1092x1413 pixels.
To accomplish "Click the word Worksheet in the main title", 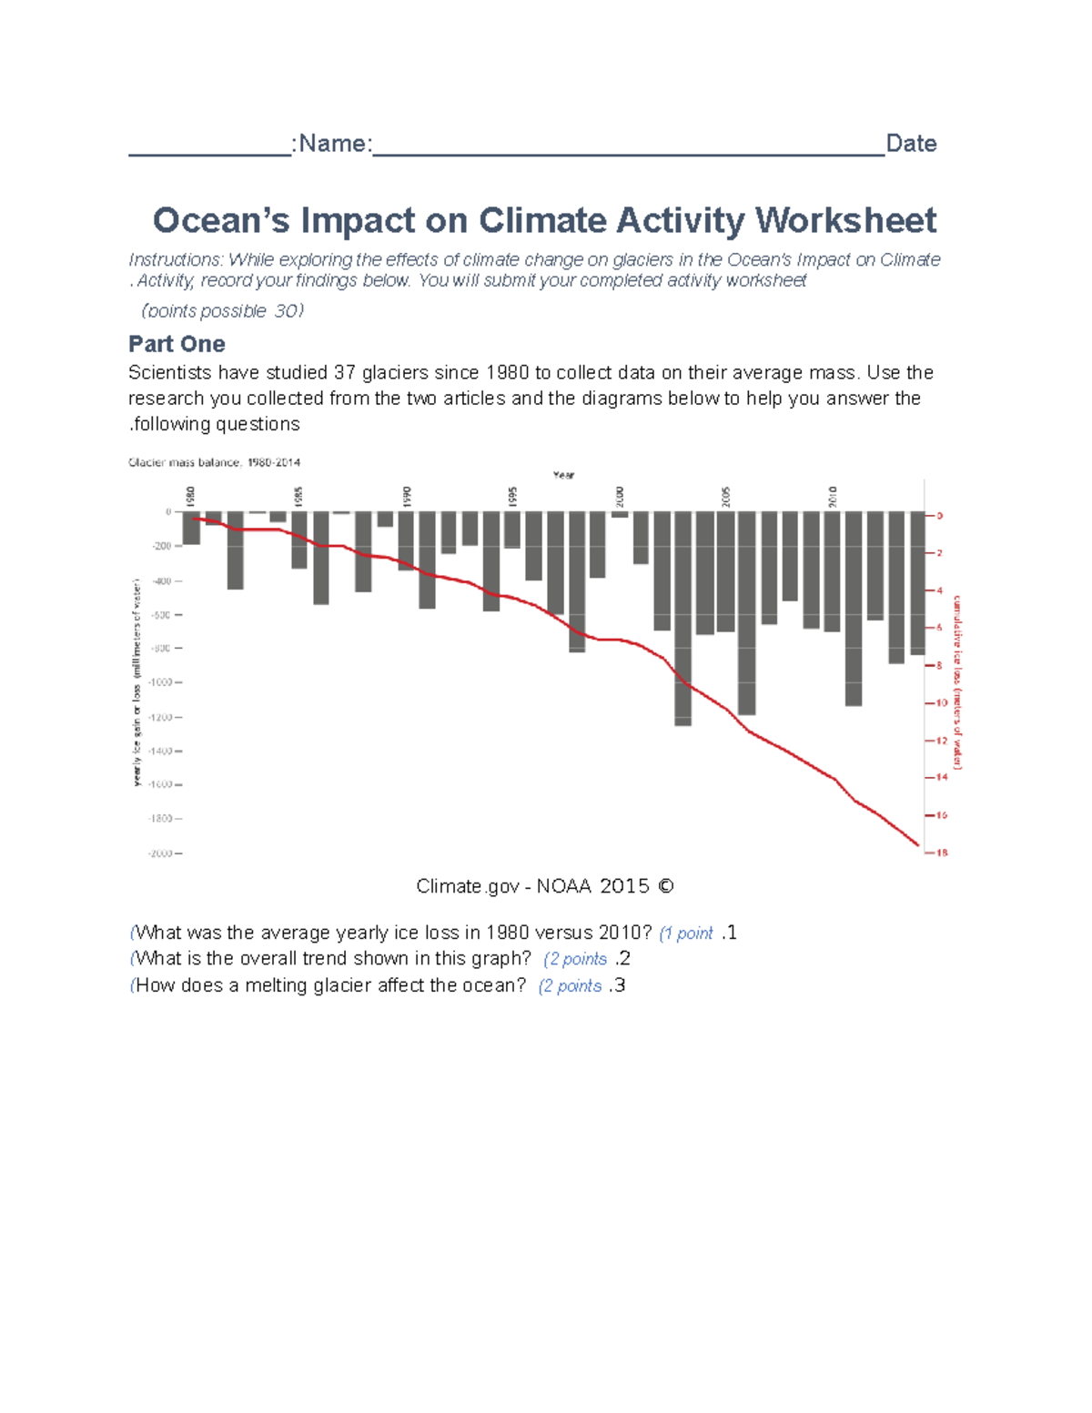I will pyautogui.click(x=845, y=221).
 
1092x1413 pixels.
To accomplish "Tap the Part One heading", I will pyautogui.click(x=177, y=344).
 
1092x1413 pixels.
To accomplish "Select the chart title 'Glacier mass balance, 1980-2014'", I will pyautogui.click(x=215, y=462).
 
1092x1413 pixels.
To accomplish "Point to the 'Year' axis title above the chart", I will pyautogui.click(x=564, y=475).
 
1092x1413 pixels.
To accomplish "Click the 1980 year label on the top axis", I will pyautogui.click(x=191, y=496).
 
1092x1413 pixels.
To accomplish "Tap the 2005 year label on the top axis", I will pyautogui.click(x=726, y=496).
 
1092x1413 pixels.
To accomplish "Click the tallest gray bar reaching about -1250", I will pyautogui.click(x=682, y=619).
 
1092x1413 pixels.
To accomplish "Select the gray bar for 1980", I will pyautogui.click(x=191, y=528).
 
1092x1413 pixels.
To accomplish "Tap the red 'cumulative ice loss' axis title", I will pyautogui.click(x=957, y=682).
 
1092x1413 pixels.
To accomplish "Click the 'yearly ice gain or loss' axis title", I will pyautogui.click(x=137, y=682).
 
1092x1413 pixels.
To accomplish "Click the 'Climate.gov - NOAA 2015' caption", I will pyautogui.click(x=544, y=886).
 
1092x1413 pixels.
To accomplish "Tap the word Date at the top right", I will pyautogui.click(x=911, y=144).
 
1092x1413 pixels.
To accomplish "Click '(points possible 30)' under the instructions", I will pyautogui.click(x=223, y=311).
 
